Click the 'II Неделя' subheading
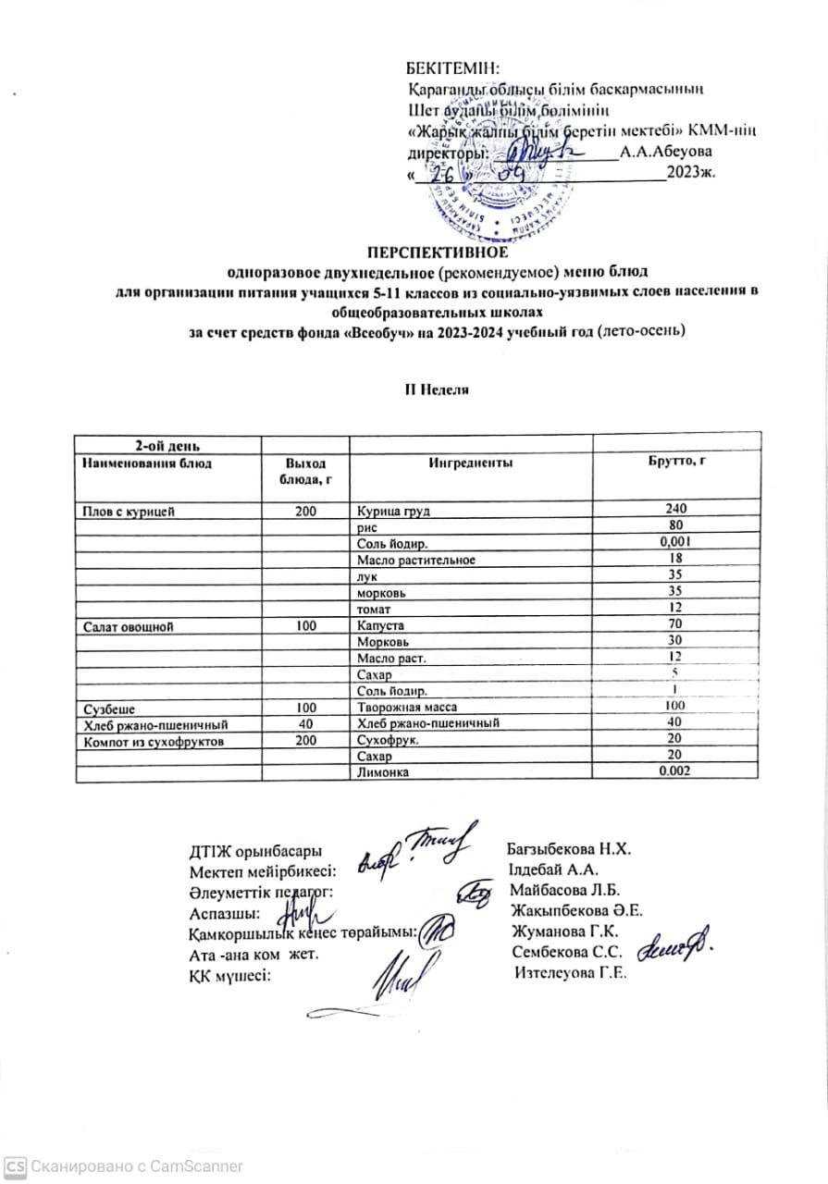tap(434, 389)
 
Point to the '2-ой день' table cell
tap(167, 447)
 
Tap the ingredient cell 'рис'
tap(365, 525)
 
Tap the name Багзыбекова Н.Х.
tap(569, 849)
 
